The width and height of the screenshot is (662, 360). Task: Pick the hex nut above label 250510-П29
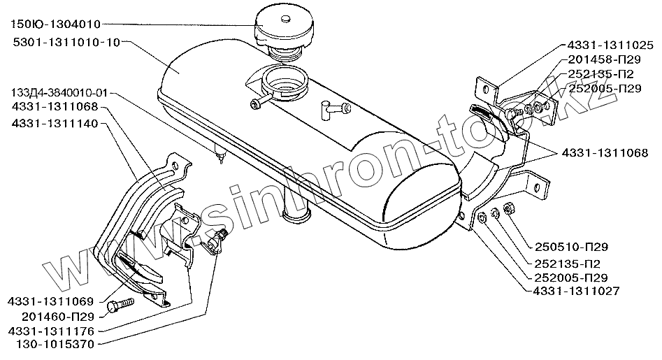coord(509,207)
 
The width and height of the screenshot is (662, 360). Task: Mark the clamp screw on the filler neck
coord(254,104)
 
